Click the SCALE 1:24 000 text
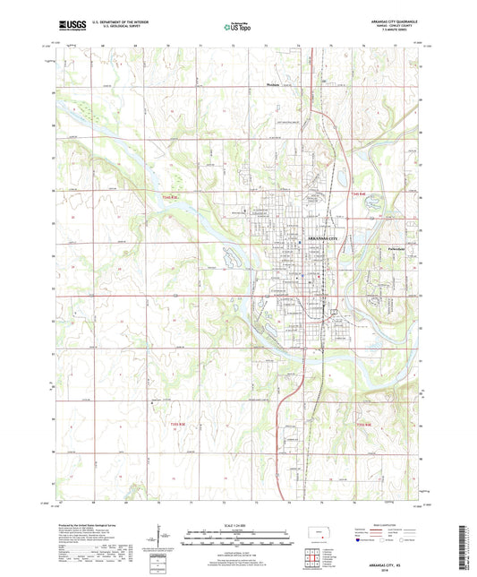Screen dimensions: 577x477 point(237,526)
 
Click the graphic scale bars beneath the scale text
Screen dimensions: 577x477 point(237,539)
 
